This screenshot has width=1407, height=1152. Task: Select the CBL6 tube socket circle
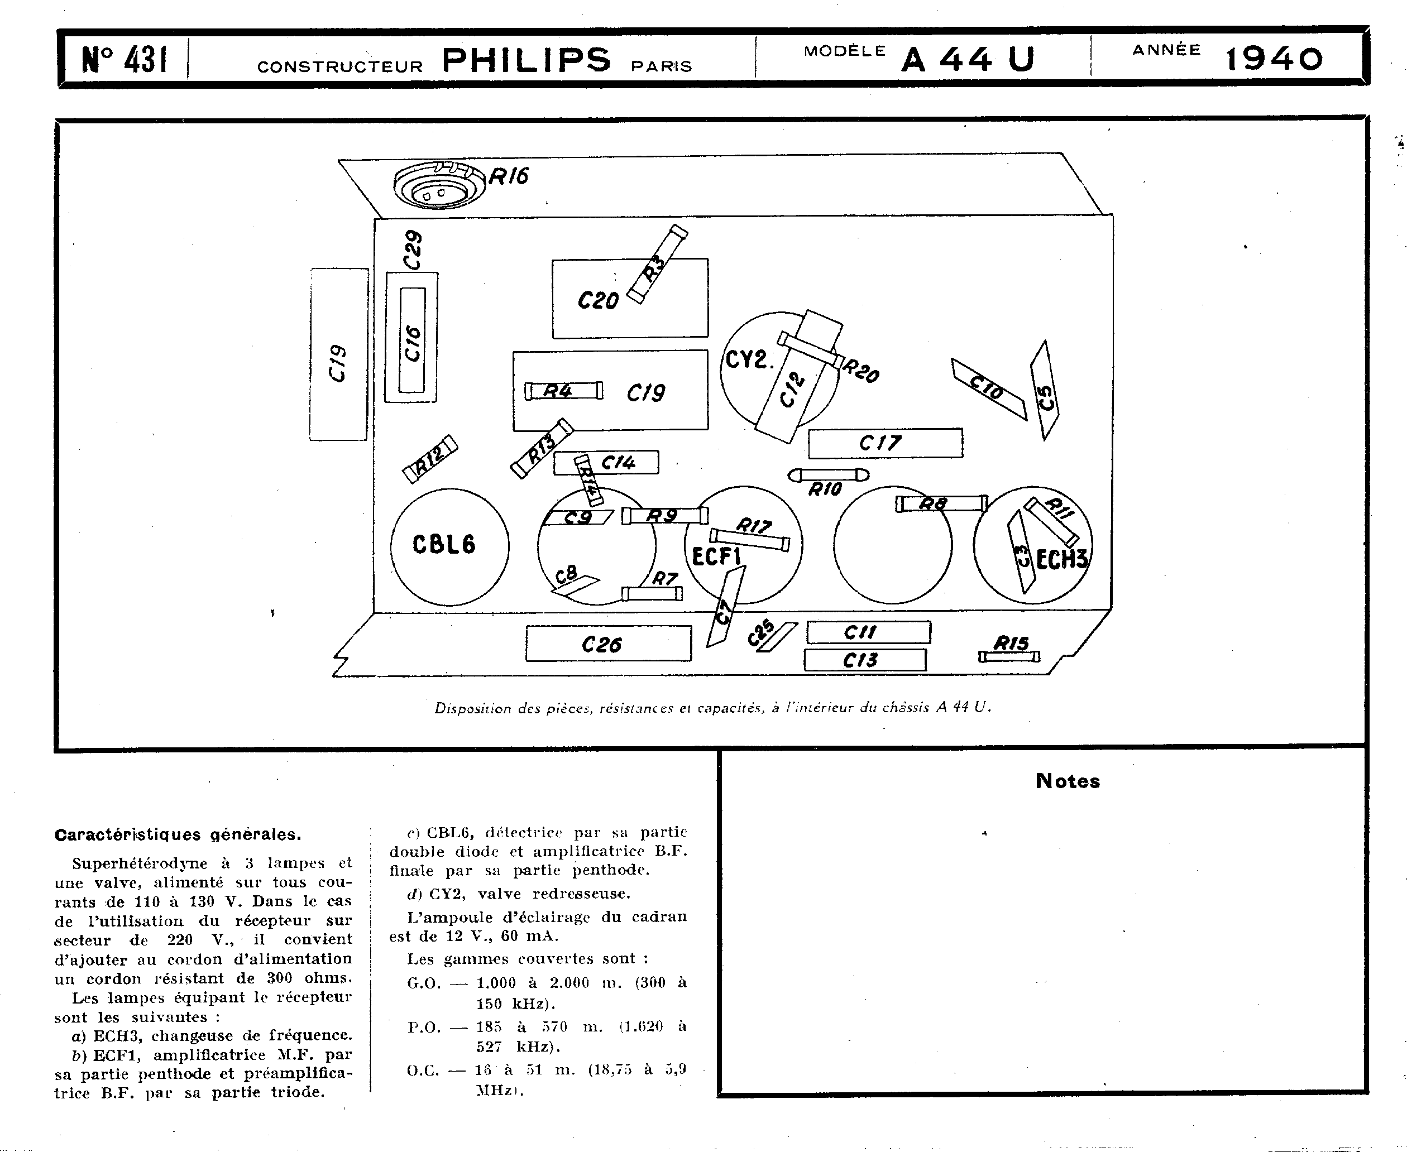[x=449, y=547]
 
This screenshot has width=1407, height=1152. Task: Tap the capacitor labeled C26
[x=609, y=644]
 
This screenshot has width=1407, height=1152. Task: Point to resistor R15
[x=1009, y=656]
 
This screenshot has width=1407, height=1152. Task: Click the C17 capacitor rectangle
[x=886, y=443]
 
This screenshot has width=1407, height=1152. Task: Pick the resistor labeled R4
[x=564, y=391]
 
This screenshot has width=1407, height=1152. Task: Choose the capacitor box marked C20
[x=630, y=299]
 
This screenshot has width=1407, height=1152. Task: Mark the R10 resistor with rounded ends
[x=828, y=475]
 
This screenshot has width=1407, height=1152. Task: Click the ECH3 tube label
[x=1062, y=559]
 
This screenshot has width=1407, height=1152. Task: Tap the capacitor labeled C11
[x=869, y=632]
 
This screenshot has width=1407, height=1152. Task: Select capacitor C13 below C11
[x=865, y=660]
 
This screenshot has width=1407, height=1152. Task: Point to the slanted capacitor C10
[x=989, y=390]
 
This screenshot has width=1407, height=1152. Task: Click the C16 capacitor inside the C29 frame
[x=411, y=340]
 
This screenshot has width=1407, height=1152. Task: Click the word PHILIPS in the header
[x=525, y=60]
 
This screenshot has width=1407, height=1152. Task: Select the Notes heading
[x=1067, y=781]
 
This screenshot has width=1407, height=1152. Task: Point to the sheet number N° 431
[x=124, y=60]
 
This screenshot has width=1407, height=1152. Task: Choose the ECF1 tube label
[x=716, y=555]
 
